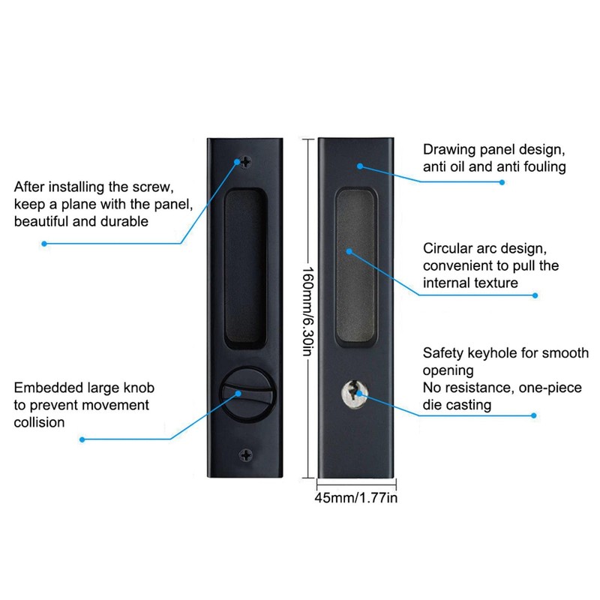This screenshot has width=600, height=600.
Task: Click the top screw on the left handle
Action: [x=245, y=161]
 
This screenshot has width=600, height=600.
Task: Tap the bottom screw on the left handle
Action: [x=245, y=454]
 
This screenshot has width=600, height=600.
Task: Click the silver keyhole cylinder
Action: [x=352, y=391]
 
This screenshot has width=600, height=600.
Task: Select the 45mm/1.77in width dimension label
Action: [x=355, y=496]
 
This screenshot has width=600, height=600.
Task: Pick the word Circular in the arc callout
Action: [x=448, y=248]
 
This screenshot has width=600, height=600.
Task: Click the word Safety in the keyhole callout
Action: [x=443, y=352]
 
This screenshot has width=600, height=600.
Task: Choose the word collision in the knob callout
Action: [x=39, y=422]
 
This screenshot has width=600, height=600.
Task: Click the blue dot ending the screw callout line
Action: [x=44, y=243]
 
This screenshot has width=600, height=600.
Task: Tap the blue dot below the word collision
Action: [x=82, y=439]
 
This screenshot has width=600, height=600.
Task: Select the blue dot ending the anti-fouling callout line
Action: [x=502, y=182]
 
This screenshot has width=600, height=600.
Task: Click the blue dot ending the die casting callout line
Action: [x=535, y=414]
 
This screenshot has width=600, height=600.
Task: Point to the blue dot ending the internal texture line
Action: [x=535, y=295]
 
